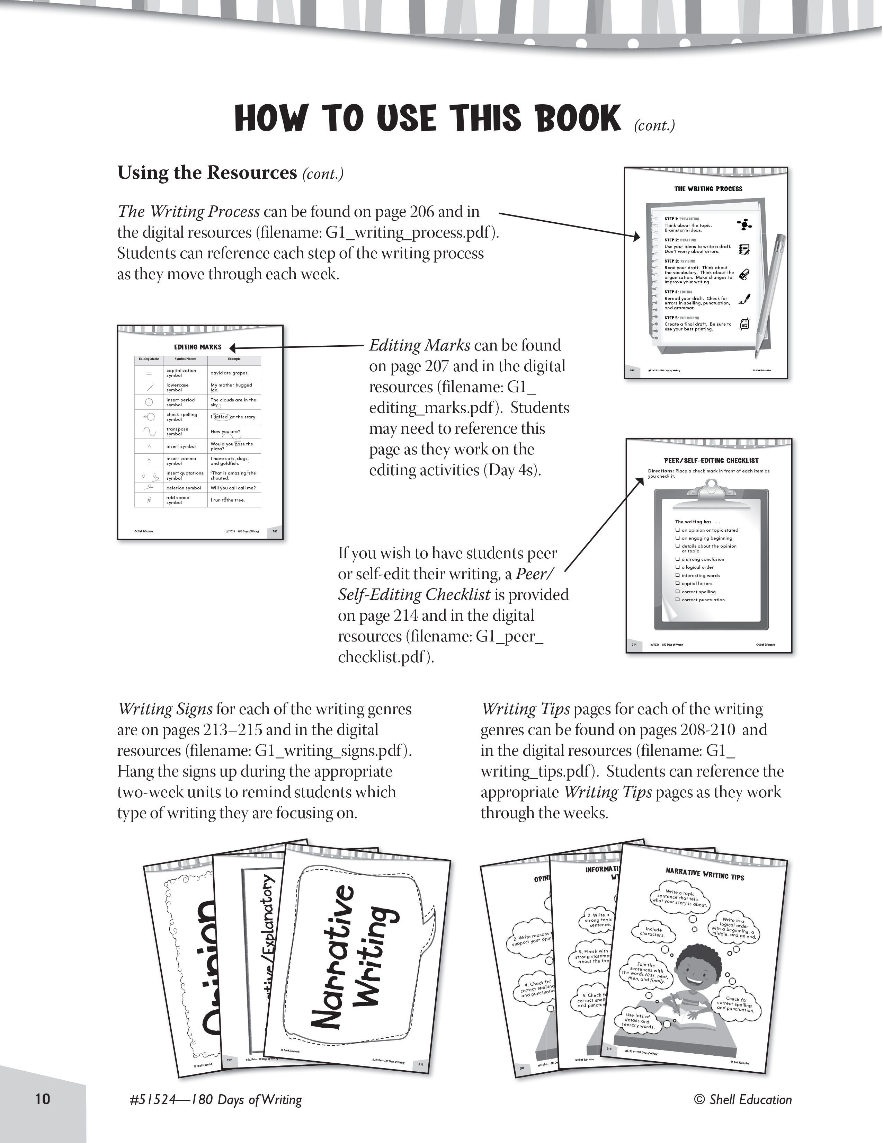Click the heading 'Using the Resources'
coord(207,173)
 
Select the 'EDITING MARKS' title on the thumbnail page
coord(198,347)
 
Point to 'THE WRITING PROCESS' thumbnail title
coord(708,189)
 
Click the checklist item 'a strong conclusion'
coord(703,559)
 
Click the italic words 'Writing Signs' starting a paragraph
coord(165,709)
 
